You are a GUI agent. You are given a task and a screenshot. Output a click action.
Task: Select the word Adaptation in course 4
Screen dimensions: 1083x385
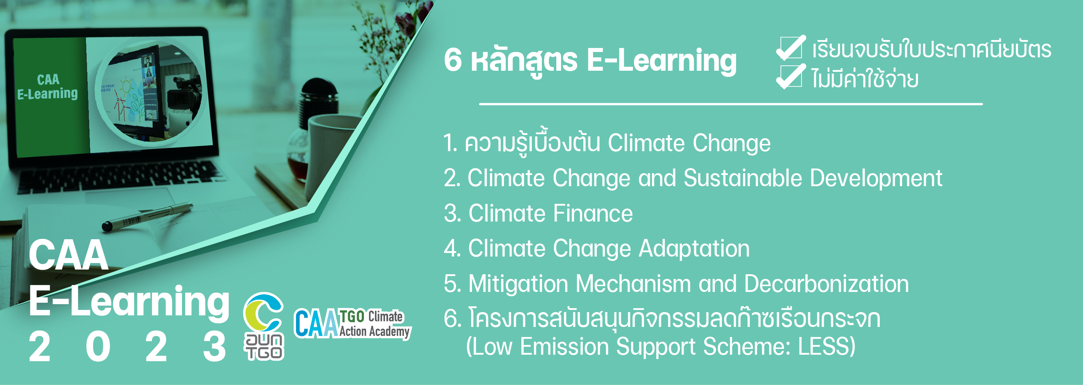pos(694,249)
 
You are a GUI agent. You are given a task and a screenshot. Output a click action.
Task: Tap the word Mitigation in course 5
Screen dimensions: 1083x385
pos(518,284)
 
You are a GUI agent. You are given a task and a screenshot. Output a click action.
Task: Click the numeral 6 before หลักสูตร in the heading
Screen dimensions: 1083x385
pos(453,60)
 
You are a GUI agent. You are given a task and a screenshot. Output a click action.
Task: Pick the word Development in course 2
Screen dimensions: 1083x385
pos(876,178)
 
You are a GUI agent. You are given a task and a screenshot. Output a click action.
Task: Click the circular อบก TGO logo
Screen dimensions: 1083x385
pos(264,326)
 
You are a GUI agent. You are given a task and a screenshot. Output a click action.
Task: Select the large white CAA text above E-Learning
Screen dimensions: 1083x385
pos(68,255)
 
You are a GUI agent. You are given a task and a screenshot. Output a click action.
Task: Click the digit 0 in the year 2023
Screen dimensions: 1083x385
pos(98,346)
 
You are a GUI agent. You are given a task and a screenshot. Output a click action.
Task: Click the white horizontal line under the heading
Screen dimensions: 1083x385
pos(731,104)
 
